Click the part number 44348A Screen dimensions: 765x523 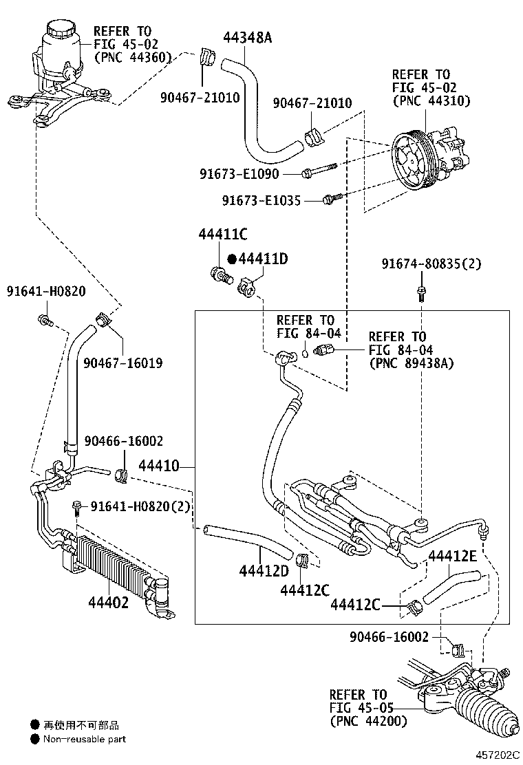pos(247,37)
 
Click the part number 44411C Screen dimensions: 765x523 pos(222,235)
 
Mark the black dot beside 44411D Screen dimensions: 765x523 pos(232,259)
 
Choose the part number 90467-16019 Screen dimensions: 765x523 pos(123,363)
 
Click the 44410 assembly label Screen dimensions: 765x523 pos(159,467)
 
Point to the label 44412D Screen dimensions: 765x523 pos(264,570)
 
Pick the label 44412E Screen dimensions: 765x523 pos(452,556)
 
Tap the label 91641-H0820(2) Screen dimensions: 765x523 pos(137,507)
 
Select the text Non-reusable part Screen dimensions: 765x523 pos(85,740)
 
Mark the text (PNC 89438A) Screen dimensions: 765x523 pos(412,363)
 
